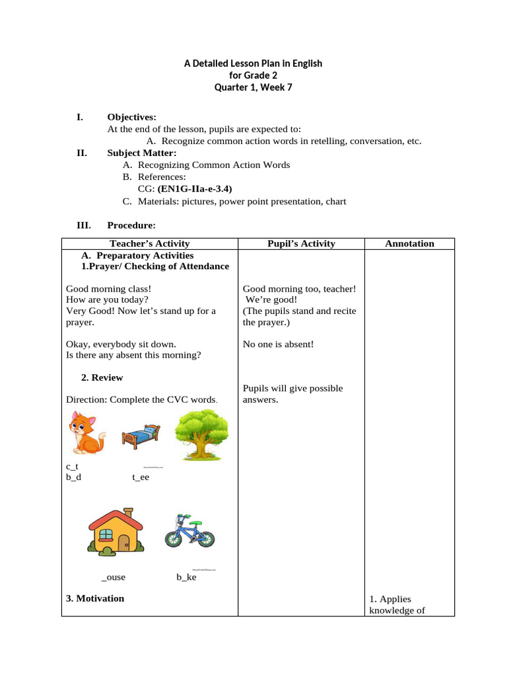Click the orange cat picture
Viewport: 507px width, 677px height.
pos(86,433)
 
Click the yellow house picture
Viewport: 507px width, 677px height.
pos(116,530)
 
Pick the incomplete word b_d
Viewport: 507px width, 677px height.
pos(73,477)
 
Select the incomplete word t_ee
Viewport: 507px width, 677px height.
pos(141,477)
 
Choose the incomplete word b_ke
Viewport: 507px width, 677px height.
pos(186,577)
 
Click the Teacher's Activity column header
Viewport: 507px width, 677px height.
pos(149,243)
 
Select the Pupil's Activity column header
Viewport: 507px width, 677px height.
pos(301,243)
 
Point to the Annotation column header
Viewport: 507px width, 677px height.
pos(409,243)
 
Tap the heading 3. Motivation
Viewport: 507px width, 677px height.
pos(95,598)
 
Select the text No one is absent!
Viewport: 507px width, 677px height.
pos(278,344)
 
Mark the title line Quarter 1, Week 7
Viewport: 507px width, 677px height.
pos(253,87)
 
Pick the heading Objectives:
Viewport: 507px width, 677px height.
pos(132,117)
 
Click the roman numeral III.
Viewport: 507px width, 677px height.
pos(84,225)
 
